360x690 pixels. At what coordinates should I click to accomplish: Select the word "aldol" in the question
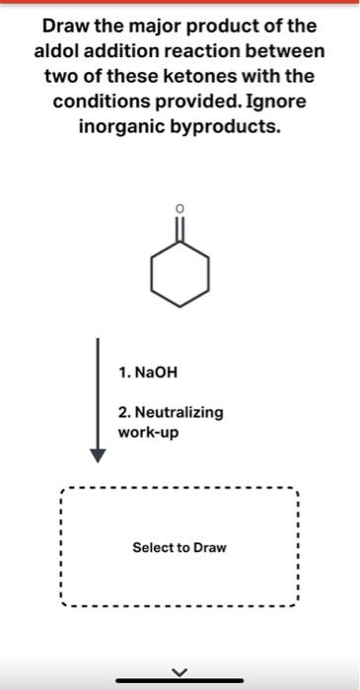60,50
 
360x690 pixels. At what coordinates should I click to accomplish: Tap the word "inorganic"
119,127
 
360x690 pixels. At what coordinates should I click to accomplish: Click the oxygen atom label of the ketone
179,208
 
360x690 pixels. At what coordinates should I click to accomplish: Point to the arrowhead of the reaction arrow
97,454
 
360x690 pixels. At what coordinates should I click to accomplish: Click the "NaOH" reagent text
156,374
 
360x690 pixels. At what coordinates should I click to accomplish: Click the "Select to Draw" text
179,546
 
